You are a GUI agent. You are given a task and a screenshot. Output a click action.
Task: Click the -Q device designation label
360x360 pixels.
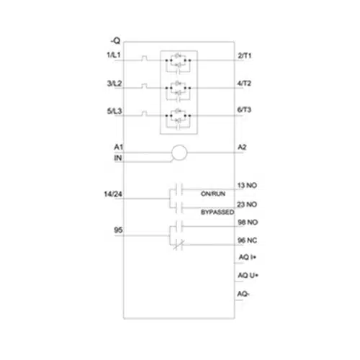(115, 41)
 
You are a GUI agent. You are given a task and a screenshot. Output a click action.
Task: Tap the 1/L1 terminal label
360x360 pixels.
(114, 55)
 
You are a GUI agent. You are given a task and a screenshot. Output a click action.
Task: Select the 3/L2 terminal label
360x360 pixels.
(114, 84)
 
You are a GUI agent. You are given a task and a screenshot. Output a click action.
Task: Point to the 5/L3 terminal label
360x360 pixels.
(114, 111)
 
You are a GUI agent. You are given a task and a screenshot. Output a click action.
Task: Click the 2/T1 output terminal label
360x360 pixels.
(245, 55)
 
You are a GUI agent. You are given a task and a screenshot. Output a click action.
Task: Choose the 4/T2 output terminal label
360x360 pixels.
(244, 84)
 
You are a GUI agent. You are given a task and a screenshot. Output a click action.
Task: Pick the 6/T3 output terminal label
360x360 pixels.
(244, 109)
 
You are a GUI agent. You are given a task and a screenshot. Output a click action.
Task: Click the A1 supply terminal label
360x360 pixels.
(119, 147)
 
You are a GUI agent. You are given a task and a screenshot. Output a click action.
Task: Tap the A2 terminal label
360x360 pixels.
(242, 147)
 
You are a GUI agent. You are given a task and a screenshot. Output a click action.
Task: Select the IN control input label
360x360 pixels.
(118, 158)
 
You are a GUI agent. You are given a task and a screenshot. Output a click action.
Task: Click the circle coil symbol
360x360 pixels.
(179, 153)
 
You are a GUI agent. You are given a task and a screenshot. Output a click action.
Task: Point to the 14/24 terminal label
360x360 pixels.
(113, 194)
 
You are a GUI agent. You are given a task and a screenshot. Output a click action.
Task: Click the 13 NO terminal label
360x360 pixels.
(247, 185)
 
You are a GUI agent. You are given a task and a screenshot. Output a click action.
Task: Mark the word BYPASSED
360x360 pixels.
(217, 212)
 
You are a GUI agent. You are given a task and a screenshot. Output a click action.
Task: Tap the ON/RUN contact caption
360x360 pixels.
(213, 194)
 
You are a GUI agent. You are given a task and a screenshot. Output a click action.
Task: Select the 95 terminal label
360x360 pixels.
(118, 230)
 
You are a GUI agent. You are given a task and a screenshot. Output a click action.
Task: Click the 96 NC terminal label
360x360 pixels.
(248, 240)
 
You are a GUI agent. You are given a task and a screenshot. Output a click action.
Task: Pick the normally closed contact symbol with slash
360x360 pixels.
(178, 245)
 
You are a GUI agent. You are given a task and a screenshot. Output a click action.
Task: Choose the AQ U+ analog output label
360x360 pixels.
(248, 275)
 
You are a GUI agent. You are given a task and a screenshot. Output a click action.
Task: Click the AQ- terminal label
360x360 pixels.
(243, 294)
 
